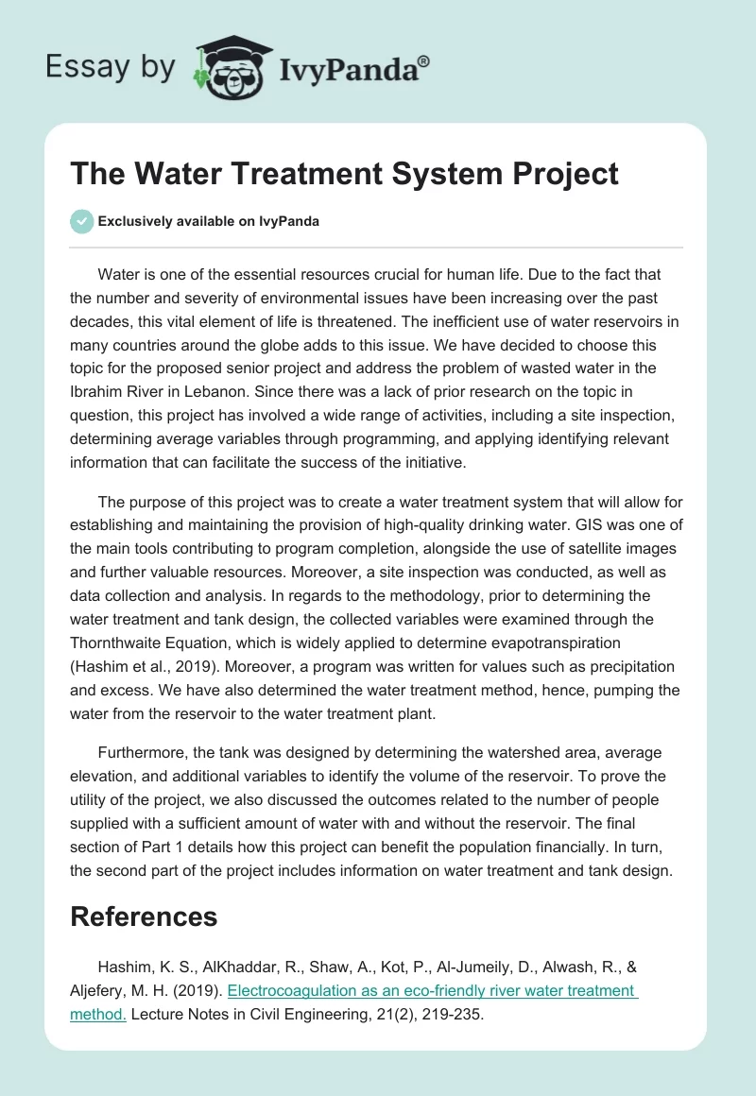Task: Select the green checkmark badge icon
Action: [x=81, y=221]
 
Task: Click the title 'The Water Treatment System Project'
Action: [x=344, y=174]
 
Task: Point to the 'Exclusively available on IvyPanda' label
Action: [x=208, y=221]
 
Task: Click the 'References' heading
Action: [x=144, y=916]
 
